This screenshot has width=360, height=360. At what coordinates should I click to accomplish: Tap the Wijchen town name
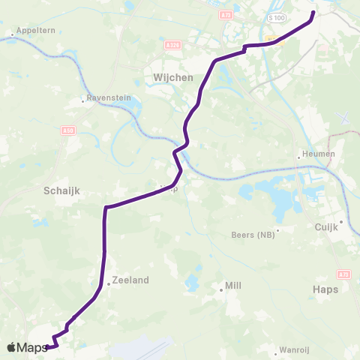point(173,77)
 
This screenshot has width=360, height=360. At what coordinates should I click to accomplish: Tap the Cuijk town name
point(326,227)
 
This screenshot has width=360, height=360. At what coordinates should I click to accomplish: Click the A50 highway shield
point(69,130)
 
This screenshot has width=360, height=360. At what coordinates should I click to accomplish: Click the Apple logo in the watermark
point(11,347)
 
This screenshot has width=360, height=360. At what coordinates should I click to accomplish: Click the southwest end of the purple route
point(49,346)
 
